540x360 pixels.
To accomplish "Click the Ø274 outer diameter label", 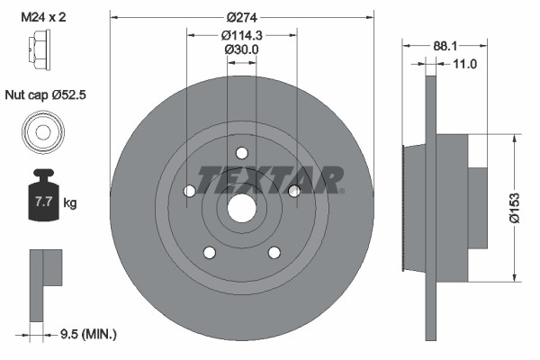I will tap(241, 18).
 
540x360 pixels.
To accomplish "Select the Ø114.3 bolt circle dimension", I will tap(241, 36).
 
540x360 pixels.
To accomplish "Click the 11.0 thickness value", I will tap(464, 64).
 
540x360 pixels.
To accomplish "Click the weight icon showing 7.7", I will tap(41, 200).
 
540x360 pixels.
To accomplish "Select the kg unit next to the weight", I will tap(70, 203).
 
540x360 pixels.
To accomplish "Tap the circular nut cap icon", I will tap(41, 133).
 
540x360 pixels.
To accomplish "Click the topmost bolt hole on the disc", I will tap(241, 153).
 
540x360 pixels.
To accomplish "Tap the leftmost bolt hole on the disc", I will tap(189, 191).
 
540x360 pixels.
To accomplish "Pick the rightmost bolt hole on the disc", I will tap(293, 190).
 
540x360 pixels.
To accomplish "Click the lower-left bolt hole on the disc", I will tap(209, 252).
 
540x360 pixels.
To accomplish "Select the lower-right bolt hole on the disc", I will tap(274, 252).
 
